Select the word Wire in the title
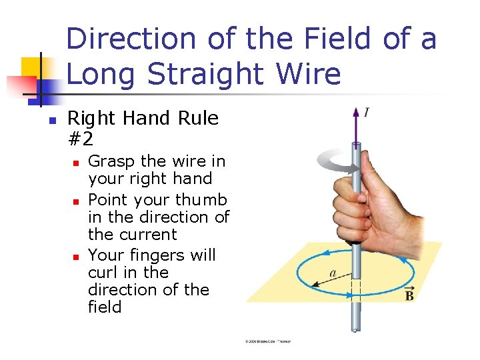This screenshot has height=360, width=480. click(311, 74)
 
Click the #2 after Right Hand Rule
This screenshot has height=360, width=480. click(81, 139)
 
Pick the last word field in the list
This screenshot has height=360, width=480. click(105, 307)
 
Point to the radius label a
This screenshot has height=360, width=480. click(332, 273)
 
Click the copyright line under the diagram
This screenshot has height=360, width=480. click(268, 341)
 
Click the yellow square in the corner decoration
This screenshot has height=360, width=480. click(31, 67)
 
